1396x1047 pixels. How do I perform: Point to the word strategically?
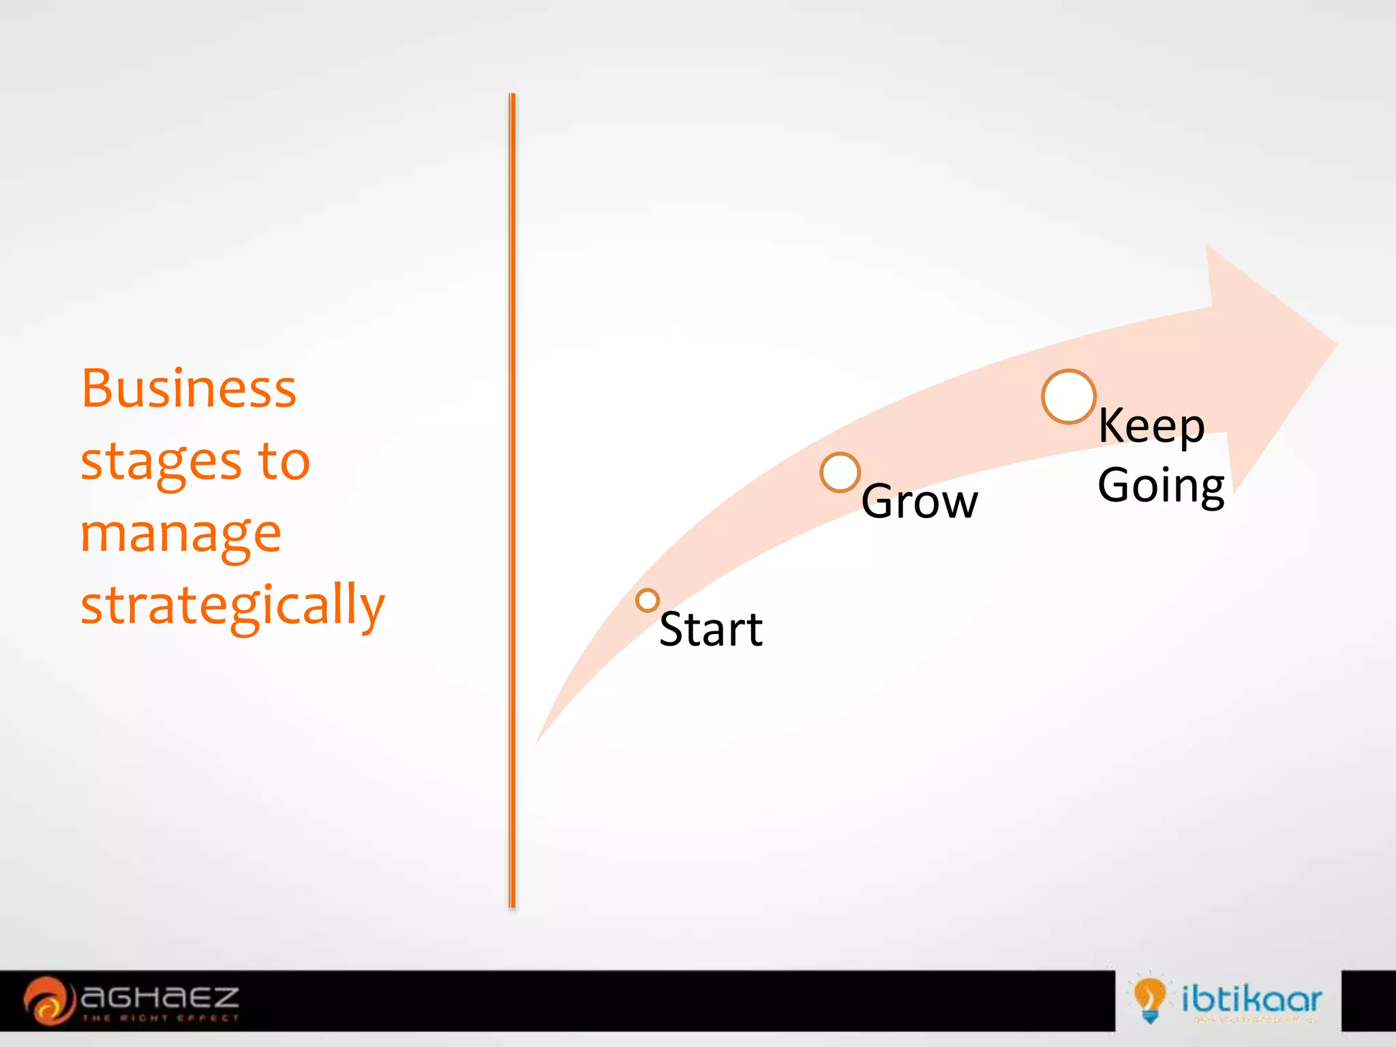(232, 605)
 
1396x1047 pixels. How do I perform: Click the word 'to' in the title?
(284, 461)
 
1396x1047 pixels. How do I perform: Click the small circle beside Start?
(647, 601)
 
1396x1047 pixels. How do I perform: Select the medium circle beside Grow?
(840, 472)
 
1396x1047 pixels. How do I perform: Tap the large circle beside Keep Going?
(1068, 397)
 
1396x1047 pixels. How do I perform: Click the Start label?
(711, 629)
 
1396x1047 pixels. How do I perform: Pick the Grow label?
(920, 502)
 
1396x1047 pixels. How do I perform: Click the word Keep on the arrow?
(1151, 427)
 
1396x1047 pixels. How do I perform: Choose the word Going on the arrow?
(1161, 486)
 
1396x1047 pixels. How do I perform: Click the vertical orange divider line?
(512, 501)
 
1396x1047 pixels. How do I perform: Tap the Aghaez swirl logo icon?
(48, 1001)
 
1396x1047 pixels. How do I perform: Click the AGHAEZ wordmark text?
(160, 998)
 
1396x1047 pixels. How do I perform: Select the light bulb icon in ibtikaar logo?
(1149, 999)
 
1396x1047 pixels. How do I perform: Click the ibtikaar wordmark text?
(1251, 999)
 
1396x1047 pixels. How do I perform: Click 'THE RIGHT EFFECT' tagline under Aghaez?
(160, 1018)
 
